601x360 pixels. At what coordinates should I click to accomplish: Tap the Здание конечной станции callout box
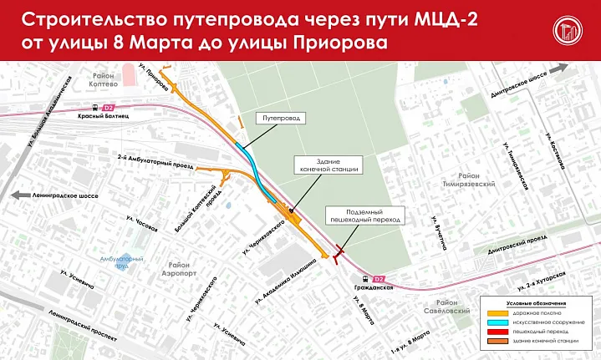click(x=327, y=165)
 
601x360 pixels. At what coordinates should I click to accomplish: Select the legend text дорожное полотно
click(x=544, y=311)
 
